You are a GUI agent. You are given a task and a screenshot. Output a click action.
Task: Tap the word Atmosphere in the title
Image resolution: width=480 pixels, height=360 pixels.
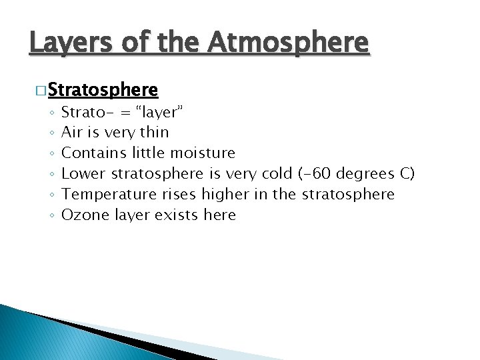288,43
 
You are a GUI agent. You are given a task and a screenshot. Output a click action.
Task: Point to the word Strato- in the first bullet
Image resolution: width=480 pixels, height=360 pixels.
83,111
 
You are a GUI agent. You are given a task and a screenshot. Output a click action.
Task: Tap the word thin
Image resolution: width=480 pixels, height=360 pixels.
155,132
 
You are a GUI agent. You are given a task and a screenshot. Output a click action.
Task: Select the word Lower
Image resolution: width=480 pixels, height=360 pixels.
83,173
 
